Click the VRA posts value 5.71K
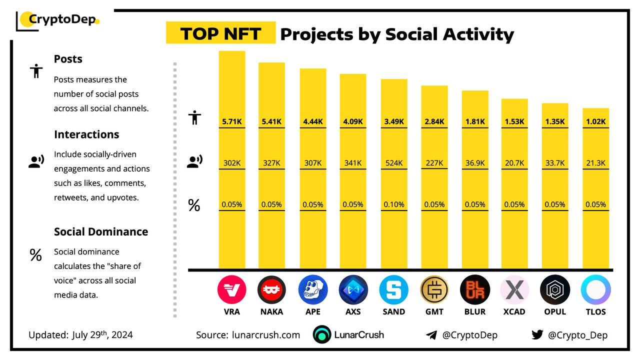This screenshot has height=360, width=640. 232,121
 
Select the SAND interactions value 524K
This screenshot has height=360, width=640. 393,162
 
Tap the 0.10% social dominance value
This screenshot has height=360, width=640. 393,204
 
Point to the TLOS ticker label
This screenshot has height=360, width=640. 595,311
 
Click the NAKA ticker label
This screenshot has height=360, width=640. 272,311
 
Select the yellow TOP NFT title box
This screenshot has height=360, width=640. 220,33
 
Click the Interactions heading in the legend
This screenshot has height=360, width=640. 86,134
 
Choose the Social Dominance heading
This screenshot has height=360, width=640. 101,231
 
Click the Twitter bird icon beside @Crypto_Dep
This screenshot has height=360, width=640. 537,335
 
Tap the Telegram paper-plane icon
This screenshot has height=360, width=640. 431,335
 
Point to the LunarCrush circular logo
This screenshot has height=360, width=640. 322,335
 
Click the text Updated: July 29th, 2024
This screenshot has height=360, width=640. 80,335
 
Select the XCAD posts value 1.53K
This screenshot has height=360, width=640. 514,121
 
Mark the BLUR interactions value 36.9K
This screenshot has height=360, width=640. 474,162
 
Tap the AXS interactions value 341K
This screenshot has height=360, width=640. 353,162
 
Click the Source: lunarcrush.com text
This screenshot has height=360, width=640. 248,335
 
